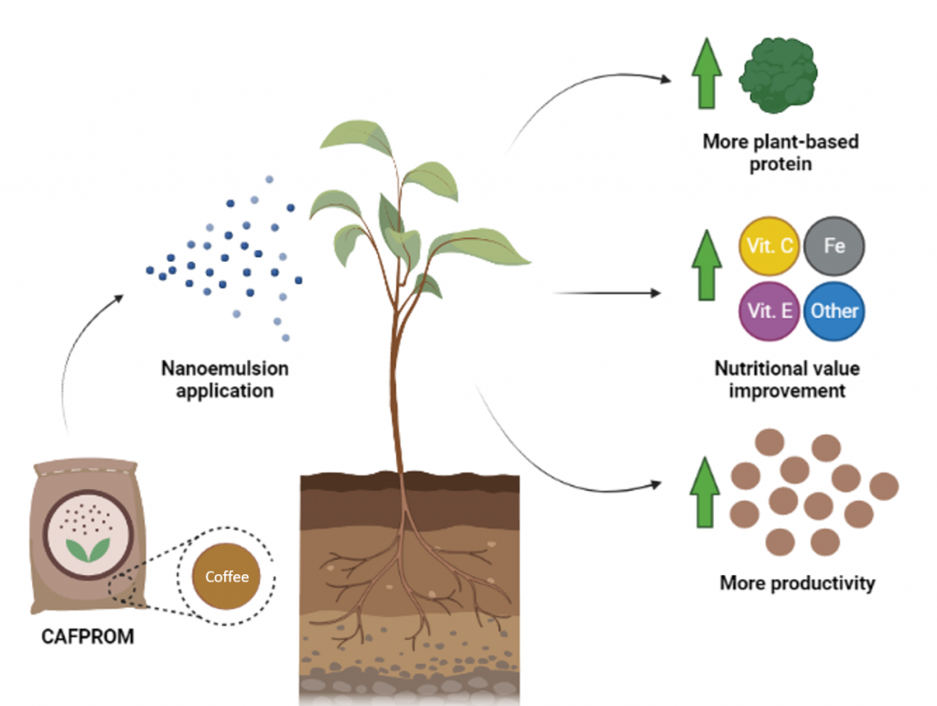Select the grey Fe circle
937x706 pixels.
(834, 246)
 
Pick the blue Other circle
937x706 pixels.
(834, 310)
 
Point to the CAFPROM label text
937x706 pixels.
(88, 636)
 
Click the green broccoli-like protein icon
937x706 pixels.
(779, 76)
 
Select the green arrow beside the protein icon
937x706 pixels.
(705, 78)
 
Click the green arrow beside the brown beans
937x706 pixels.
(705, 494)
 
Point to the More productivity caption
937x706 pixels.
(797, 583)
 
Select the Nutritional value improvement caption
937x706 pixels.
(787, 380)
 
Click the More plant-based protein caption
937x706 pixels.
(781, 152)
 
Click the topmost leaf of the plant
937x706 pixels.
(358, 136)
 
